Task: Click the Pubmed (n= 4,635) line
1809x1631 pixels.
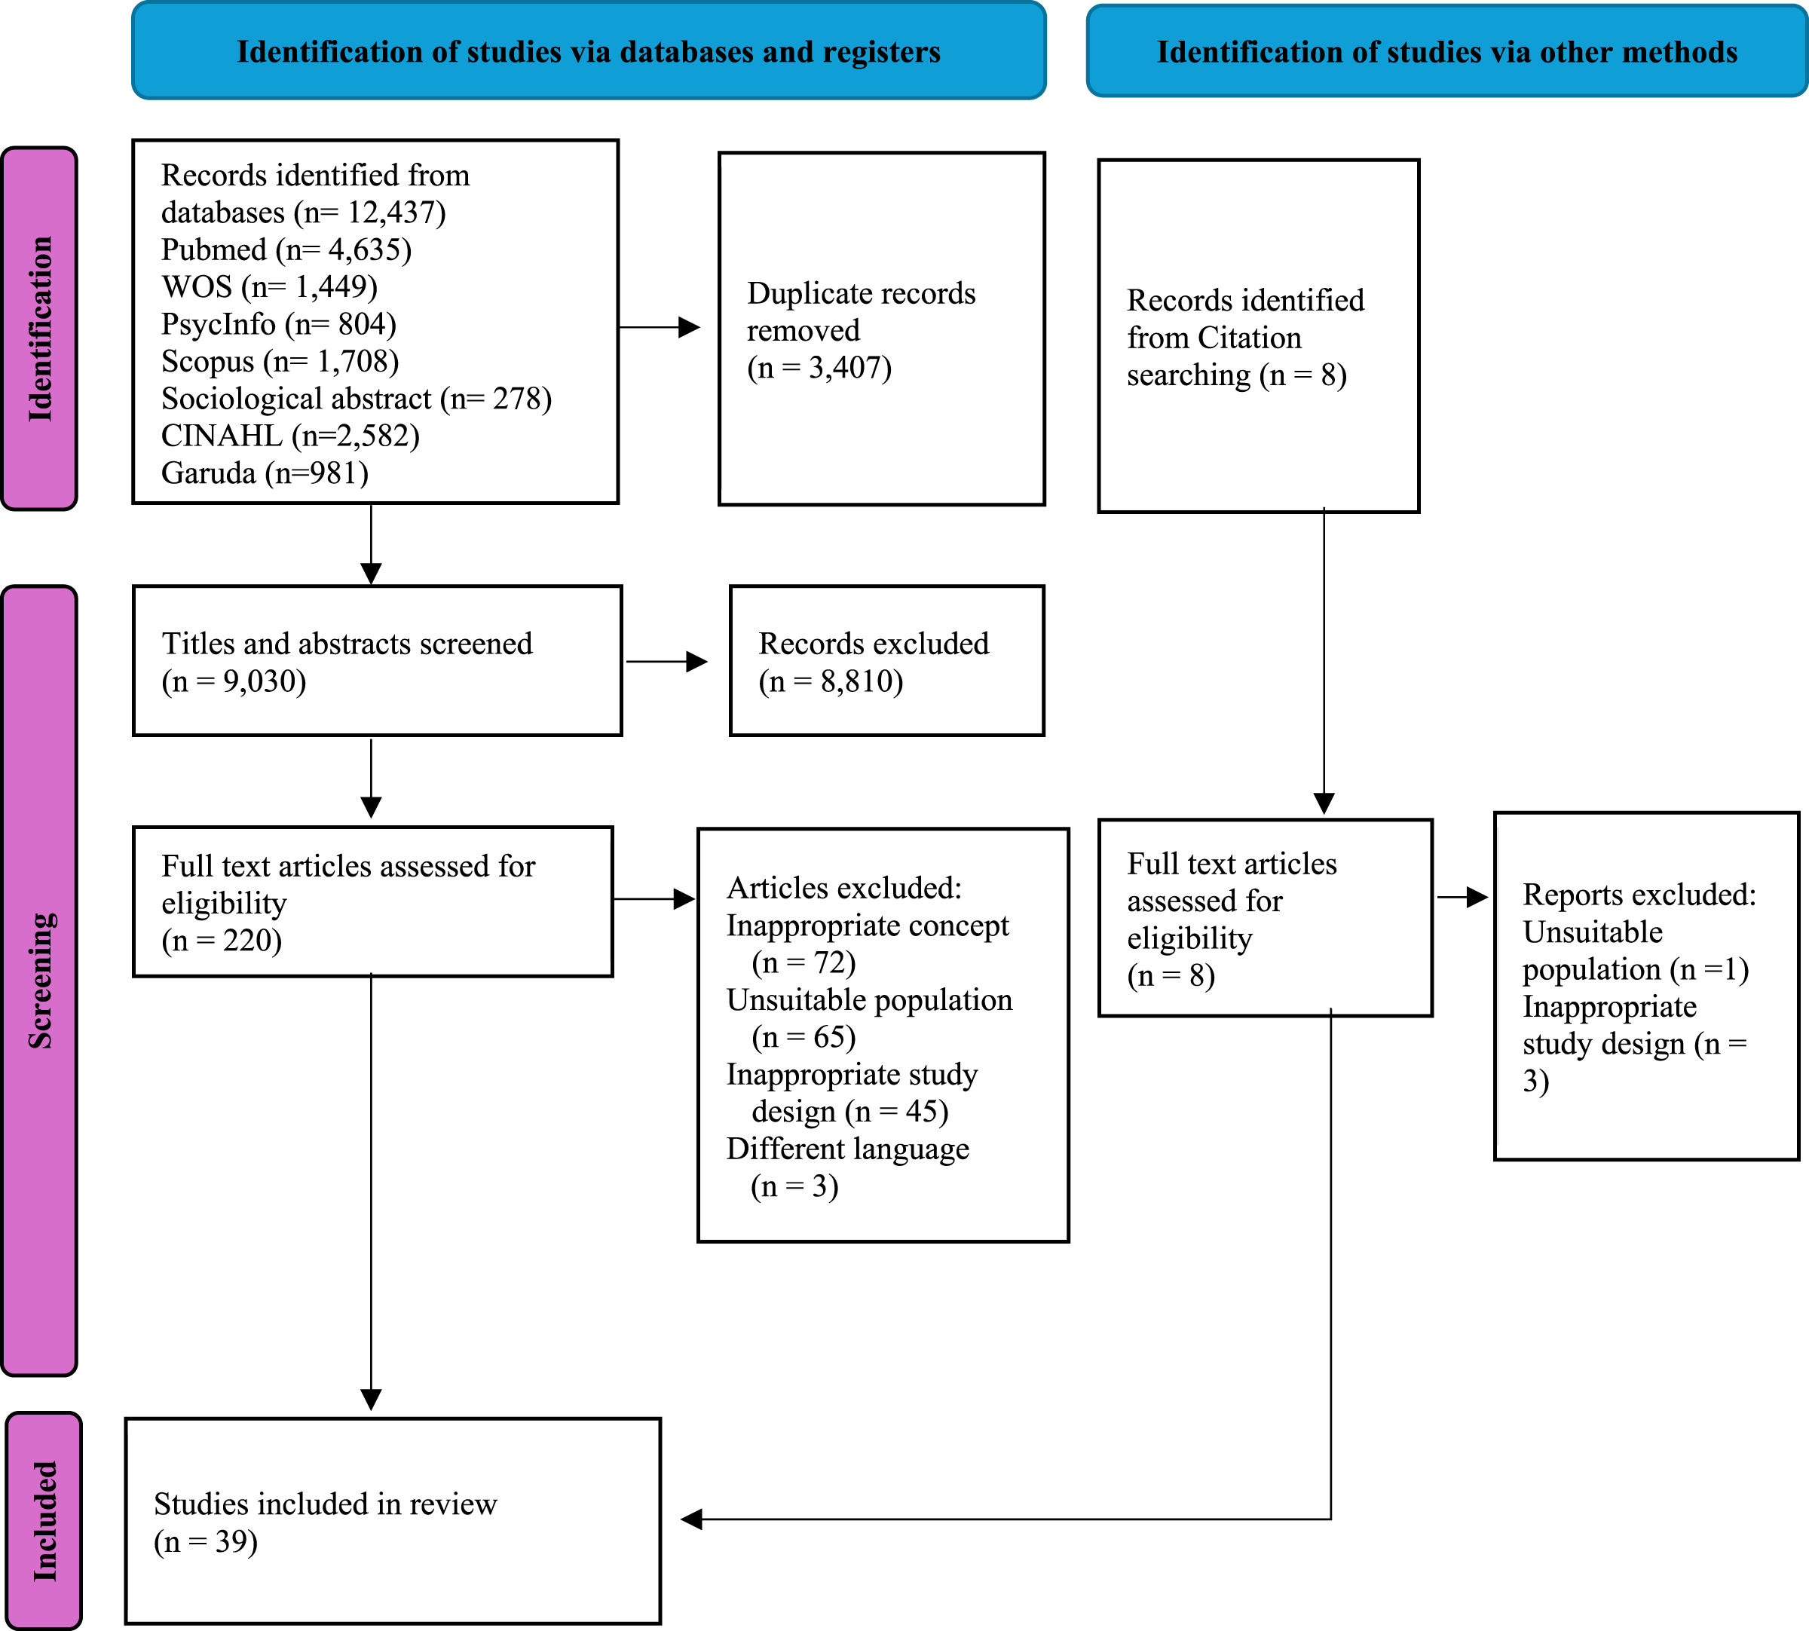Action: coord(286,249)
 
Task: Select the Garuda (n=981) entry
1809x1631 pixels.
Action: coord(265,473)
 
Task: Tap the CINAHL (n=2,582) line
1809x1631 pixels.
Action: coord(290,436)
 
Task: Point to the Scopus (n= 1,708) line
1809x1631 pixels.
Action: coord(280,361)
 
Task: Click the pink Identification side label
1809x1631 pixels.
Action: coord(39,329)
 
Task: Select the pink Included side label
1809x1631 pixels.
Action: coord(43,1520)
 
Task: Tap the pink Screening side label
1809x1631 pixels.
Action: coord(39,981)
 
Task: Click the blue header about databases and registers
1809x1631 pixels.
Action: coord(589,51)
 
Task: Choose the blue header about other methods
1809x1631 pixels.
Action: coord(1447,51)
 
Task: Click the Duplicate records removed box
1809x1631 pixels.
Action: coord(882,329)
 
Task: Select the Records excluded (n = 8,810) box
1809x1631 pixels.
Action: coord(887,661)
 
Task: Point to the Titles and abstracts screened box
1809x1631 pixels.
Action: coord(377,661)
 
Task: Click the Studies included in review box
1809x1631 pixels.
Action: coord(393,1521)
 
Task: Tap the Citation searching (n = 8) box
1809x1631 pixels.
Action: coord(1259,336)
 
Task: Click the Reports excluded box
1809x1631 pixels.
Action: coord(1647,987)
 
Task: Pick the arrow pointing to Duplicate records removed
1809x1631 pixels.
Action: coord(660,327)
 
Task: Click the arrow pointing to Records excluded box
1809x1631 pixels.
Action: coord(666,661)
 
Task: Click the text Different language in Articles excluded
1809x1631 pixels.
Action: coord(848,1149)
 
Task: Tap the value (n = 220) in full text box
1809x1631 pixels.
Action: coord(222,940)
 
